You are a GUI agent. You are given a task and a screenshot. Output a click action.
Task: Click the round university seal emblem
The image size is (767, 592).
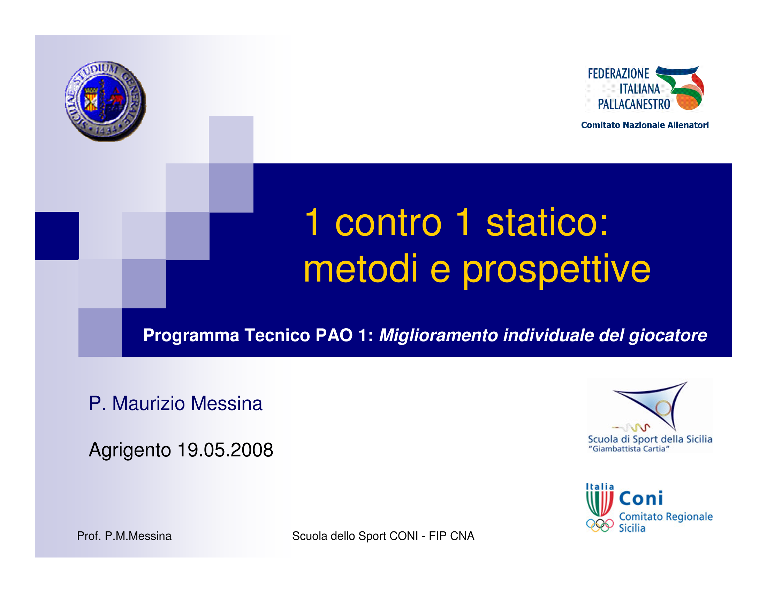[105, 101]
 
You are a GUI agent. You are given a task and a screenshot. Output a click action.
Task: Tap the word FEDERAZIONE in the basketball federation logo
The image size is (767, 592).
[618, 74]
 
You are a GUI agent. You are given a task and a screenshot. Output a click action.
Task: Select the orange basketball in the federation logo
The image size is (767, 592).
[689, 98]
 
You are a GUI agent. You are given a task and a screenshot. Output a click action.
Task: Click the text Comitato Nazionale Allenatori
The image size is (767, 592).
[645, 125]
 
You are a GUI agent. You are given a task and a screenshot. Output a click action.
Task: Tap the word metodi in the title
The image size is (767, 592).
[360, 268]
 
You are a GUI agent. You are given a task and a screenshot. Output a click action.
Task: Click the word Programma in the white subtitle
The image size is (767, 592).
[191, 336]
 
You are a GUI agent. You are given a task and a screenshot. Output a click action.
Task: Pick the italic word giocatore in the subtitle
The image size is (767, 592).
[668, 336]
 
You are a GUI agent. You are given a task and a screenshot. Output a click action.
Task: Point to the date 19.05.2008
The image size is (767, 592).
[225, 450]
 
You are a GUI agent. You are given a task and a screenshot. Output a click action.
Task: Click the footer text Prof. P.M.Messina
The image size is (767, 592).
[124, 536]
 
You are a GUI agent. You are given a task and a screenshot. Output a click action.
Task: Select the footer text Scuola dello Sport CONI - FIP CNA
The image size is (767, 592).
[383, 536]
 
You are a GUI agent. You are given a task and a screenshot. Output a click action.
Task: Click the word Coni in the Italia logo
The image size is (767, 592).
[640, 498]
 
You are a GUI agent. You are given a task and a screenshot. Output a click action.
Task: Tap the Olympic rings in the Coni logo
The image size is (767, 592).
[600, 525]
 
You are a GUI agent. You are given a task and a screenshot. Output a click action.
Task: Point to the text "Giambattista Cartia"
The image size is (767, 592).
[629, 449]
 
